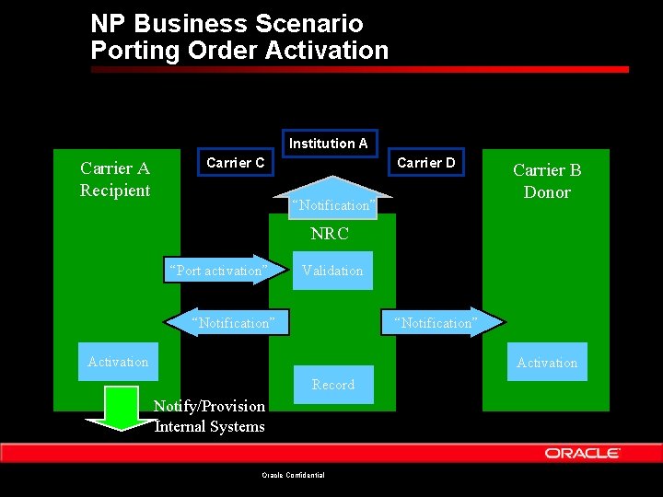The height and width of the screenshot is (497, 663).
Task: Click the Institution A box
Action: [329, 143]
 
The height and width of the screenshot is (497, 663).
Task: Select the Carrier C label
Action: [236, 163]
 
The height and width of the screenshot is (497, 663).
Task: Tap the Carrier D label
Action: [425, 163]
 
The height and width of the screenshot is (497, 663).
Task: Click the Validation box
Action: [332, 271]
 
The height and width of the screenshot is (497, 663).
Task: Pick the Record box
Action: [333, 385]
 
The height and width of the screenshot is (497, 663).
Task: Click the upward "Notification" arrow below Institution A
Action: [331, 204]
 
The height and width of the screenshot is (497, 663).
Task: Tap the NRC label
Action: [330, 235]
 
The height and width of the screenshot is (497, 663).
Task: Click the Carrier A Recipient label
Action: [115, 179]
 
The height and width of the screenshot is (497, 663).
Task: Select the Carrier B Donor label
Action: [547, 181]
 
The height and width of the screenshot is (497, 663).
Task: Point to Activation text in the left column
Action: [118, 362]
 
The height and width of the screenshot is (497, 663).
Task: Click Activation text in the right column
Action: [547, 363]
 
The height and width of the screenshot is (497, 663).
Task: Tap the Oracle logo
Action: [583, 453]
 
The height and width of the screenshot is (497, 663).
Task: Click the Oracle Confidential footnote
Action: [294, 475]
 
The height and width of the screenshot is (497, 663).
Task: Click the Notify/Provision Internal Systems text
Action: [210, 416]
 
